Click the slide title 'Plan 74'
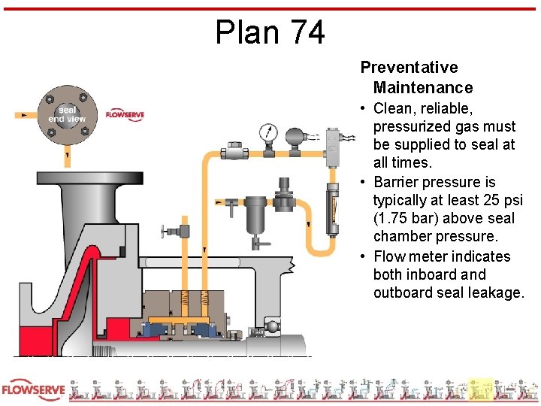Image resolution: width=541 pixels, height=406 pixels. click(270, 32)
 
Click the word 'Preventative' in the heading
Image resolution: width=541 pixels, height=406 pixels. click(409, 68)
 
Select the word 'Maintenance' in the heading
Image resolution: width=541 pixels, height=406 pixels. click(422, 88)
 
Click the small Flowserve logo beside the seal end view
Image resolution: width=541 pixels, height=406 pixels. click(125, 114)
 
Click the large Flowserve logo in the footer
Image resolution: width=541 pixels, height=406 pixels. click(33, 390)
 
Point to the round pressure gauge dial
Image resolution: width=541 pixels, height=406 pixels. click(267, 134)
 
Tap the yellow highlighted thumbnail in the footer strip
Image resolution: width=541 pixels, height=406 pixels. click(481, 390)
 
